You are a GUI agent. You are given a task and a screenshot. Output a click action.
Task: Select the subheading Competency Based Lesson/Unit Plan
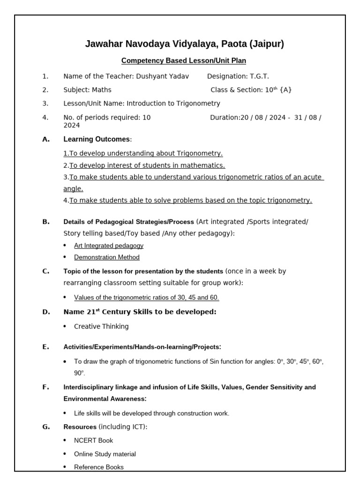click(x=183, y=61)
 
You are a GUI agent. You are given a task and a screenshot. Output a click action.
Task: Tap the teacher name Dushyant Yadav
click(x=162, y=76)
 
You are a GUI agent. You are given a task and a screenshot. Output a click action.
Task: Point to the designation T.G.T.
click(x=259, y=76)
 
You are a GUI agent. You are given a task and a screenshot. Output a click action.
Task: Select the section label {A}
click(x=285, y=90)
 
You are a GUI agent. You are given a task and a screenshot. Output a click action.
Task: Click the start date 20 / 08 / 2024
click(x=262, y=118)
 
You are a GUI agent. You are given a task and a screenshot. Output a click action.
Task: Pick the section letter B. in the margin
click(x=45, y=222)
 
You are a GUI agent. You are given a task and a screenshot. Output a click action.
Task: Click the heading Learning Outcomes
click(x=97, y=139)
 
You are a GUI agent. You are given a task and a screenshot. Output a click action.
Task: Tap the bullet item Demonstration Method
click(x=106, y=257)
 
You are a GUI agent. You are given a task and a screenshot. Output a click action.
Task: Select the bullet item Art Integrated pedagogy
click(x=108, y=246)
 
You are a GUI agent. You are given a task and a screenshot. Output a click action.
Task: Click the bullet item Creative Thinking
click(x=101, y=327)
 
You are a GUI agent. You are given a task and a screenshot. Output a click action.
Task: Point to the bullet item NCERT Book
click(x=93, y=441)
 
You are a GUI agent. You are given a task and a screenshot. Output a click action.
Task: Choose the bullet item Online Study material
click(x=105, y=454)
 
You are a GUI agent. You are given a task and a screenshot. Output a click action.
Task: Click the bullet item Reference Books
click(x=98, y=467)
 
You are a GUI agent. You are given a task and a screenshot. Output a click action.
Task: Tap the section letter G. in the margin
click(x=45, y=427)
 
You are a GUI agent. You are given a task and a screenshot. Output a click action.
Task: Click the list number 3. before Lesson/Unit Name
click(x=45, y=104)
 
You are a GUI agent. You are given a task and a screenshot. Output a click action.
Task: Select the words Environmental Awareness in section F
click(x=105, y=399)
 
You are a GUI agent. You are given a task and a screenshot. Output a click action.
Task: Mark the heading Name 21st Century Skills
click(x=140, y=312)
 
